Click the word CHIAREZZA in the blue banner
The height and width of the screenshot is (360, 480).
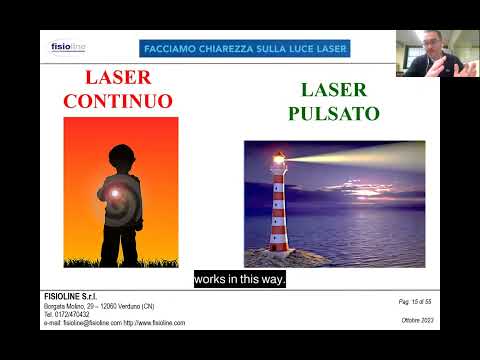[233, 48]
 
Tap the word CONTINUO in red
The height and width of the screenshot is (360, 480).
[118, 101]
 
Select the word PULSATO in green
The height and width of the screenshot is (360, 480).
[334, 113]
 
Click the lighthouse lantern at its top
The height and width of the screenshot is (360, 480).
[279, 160]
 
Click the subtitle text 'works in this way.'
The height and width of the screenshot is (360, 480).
[240, 279]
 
